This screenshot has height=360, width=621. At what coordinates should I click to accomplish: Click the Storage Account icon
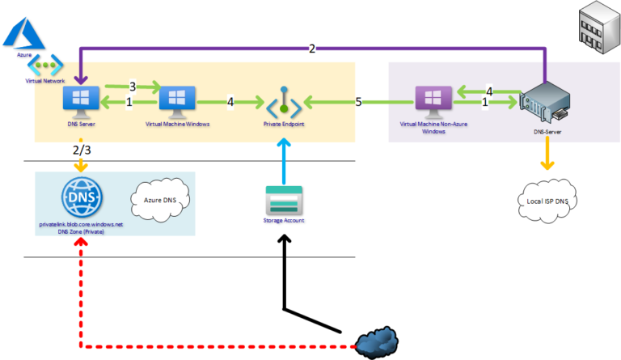283,198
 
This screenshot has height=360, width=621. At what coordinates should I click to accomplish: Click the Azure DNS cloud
158,198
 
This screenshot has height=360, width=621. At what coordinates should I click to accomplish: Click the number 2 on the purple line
312,49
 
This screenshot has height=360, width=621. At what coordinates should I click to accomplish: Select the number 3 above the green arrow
133,85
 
